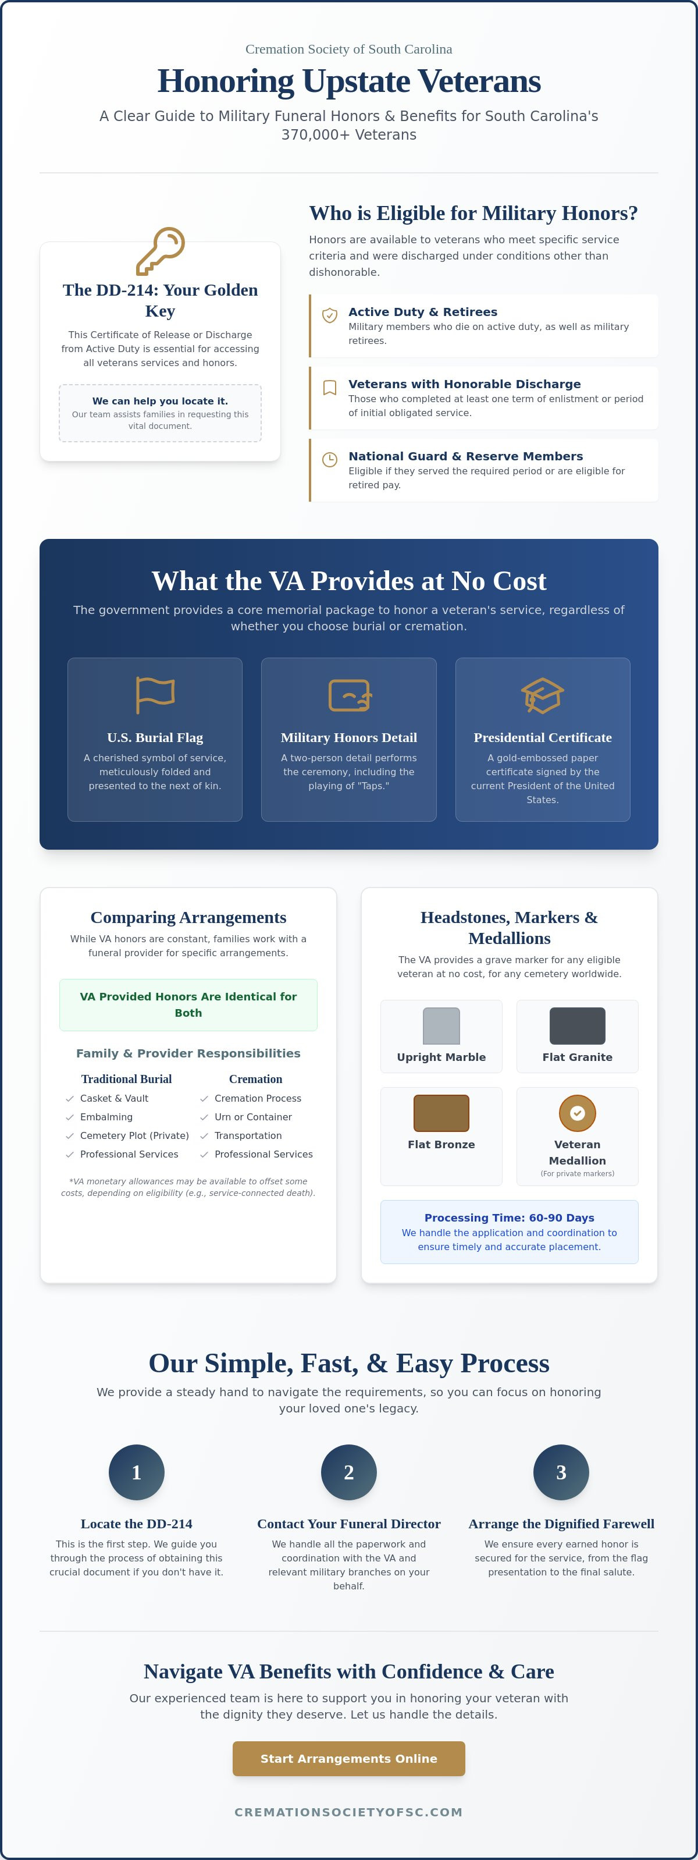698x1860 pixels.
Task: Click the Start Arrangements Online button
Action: (348, 1758)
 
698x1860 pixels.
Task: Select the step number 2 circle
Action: (348, 1472)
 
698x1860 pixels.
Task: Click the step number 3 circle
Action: (561, 1472)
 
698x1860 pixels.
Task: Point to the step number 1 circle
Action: (137, 1472)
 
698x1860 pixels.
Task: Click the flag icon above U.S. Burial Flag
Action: (155, 695)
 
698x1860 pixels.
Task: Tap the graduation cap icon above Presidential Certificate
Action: (542, 695)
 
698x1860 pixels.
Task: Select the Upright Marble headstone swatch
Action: (441, 1025)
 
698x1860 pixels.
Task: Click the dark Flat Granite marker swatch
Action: (578, 1025)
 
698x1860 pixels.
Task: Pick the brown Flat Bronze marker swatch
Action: (441, 1113)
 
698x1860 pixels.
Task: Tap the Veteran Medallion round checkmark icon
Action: (578, 1113)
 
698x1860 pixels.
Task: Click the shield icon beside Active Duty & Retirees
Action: (329, 315)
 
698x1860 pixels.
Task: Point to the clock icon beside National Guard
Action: (329, 459)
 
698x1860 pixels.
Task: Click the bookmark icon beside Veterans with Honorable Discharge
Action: (329, 388)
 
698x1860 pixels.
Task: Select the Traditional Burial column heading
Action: (126, 1079)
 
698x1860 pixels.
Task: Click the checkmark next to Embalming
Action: (70, 1117)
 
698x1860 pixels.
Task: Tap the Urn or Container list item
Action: (252, 1117)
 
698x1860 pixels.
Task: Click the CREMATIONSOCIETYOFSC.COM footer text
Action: (348, 1812)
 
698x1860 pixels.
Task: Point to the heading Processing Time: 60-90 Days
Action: (509, 1217)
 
